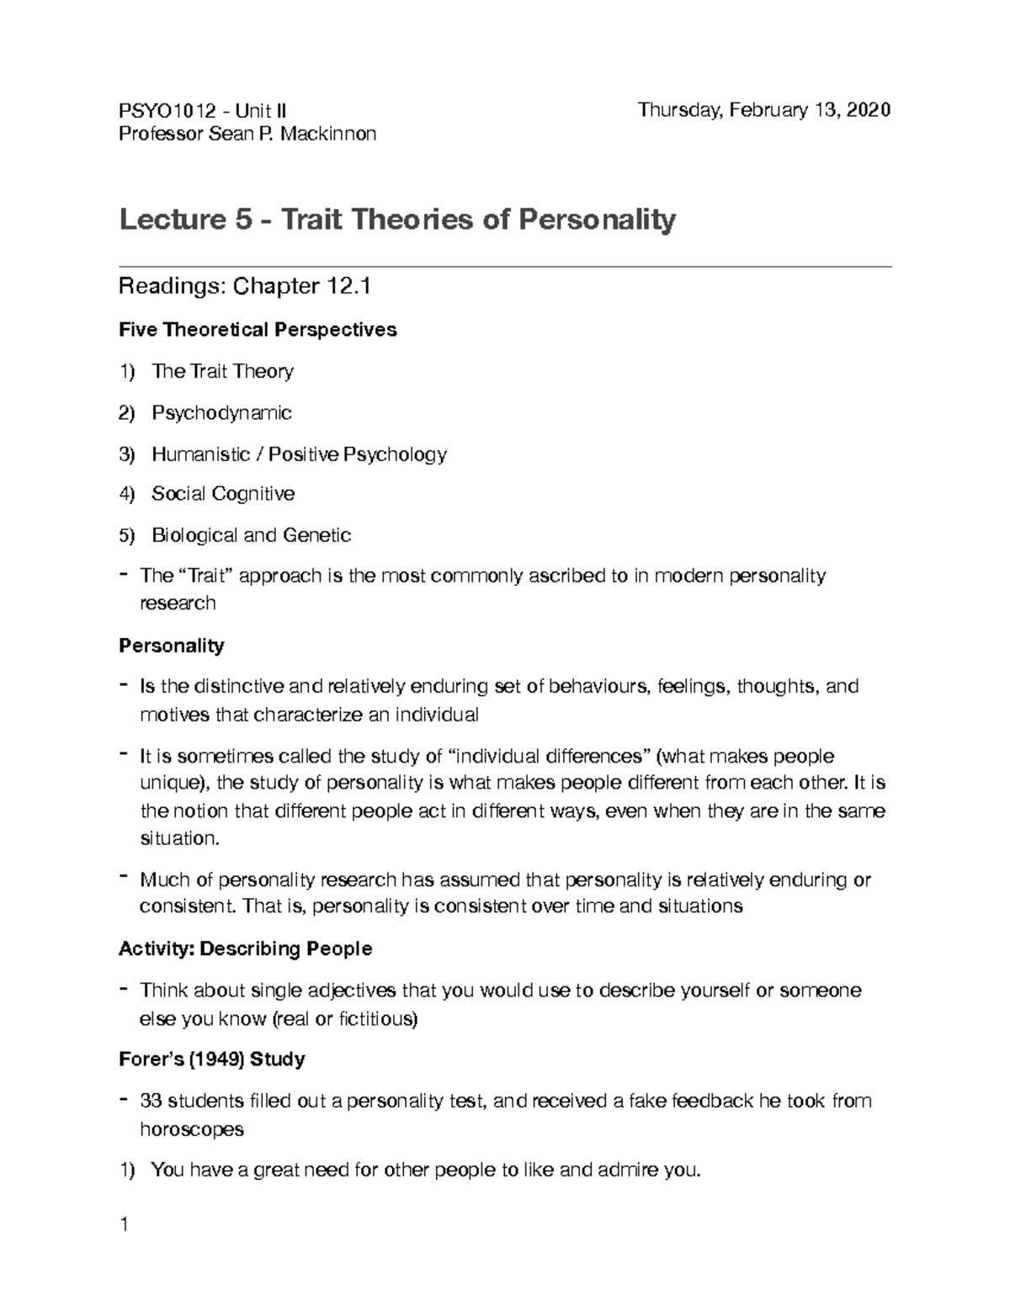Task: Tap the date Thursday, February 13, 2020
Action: pyautogui.click(x=763, y=110)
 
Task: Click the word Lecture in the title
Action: pyautogui.click(x=168, y=220)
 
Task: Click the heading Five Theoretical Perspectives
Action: pyautogui.click(x=258, y=330)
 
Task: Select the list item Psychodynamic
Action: pyautogui.click(x=221, y=412)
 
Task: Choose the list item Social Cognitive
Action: pyautogui.click(x=223, y=494)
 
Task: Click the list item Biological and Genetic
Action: pyautogui.click(x=251, y=535)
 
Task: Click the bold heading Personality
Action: pyautogui.click(x=171, y=646)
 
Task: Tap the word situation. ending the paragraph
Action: pyautogui.click(x=178, y=838)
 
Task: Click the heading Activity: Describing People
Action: pyautogui.click(x=245, y=949)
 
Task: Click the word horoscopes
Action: pyautogui.click(x=191, y=1129)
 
